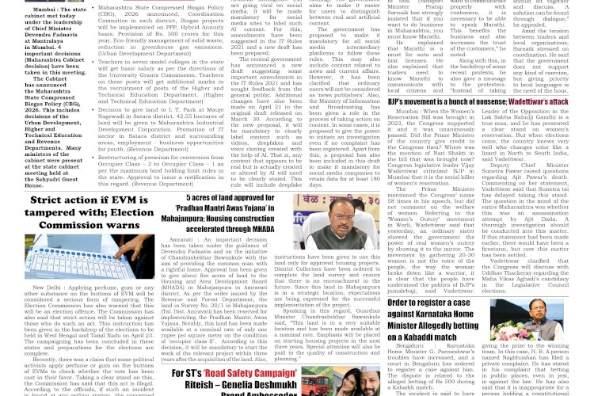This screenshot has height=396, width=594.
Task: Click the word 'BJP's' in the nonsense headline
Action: tap(400, 102)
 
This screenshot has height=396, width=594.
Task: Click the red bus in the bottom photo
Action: tap(321, 384)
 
